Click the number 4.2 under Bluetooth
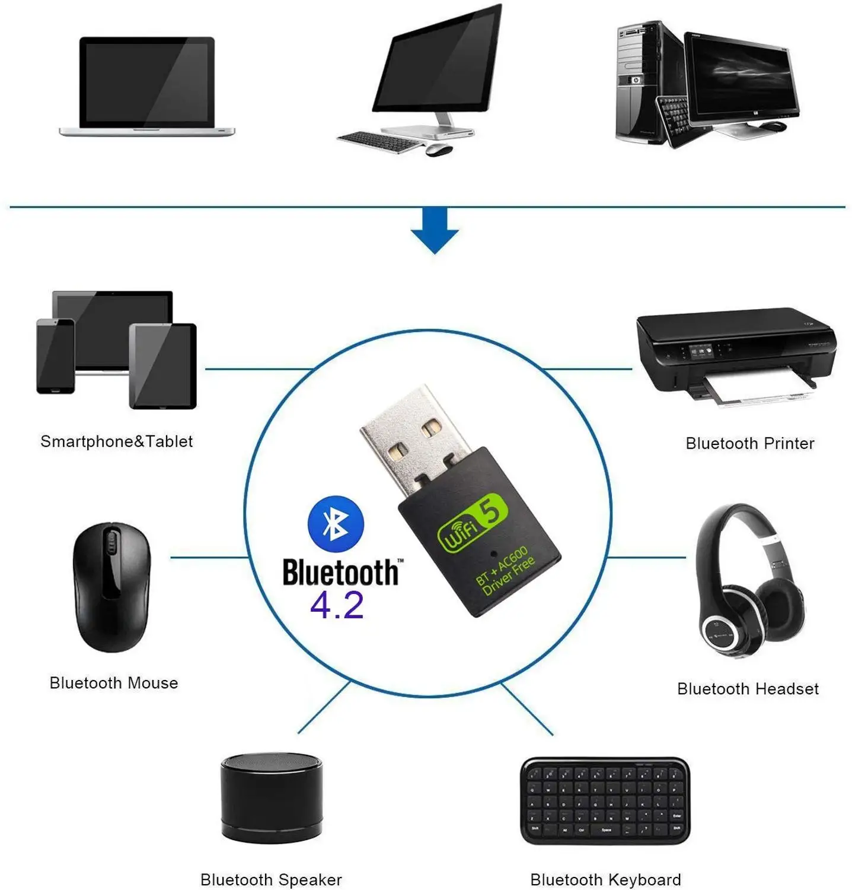(336, 606)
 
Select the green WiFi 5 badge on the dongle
(473, 522)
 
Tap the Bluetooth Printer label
(749, 443)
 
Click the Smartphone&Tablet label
(116, 441)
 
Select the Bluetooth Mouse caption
(114, 683)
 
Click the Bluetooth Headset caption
(748, 689)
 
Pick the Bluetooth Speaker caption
(271, 879)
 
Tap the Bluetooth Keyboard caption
(605, 879)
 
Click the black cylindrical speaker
(272, 798)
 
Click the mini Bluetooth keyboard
(605, 800)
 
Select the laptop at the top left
(147, 86)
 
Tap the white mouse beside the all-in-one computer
(439, 150)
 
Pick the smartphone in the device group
(55, 356)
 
